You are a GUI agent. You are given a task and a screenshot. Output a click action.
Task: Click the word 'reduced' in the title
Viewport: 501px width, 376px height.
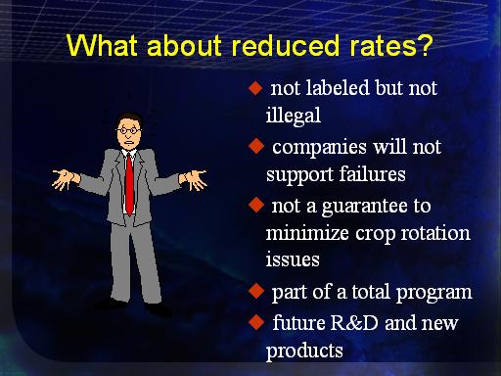pos(286,45)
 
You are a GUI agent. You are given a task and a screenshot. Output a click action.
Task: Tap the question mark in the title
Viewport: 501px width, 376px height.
pos(424,45)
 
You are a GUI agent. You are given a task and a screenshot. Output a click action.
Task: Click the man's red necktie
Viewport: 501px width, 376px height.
pos(130,184)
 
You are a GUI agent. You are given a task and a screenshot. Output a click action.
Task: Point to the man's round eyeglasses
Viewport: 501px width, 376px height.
pos(129,131)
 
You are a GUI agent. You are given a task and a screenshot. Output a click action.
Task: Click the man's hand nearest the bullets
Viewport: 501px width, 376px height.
pos(195,179)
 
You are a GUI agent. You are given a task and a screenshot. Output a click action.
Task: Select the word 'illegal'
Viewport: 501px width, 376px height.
pos(294,116)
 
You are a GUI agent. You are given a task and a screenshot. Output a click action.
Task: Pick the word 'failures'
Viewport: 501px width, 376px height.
pos(372,174)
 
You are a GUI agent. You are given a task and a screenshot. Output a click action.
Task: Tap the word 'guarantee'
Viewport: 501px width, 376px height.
pos(364,208)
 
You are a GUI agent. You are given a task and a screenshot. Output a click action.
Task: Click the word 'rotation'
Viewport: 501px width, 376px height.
pos(435,233)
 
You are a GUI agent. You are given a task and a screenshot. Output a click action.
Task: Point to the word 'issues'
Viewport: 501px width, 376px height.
pos(293,259)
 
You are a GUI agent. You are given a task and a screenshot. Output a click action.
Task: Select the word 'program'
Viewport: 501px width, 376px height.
pos(433,293)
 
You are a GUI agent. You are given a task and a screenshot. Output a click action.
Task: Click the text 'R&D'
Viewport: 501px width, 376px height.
pos(354,322)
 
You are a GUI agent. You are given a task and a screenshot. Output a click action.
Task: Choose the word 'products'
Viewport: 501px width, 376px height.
pos(304,351)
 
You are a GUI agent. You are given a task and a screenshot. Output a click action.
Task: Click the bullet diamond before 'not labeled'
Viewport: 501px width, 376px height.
pos(255,88)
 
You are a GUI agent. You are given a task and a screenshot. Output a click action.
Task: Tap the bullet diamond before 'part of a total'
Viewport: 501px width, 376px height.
pos(256,291)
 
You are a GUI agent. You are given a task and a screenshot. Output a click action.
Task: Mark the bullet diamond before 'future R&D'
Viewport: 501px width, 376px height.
pos(256,322)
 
